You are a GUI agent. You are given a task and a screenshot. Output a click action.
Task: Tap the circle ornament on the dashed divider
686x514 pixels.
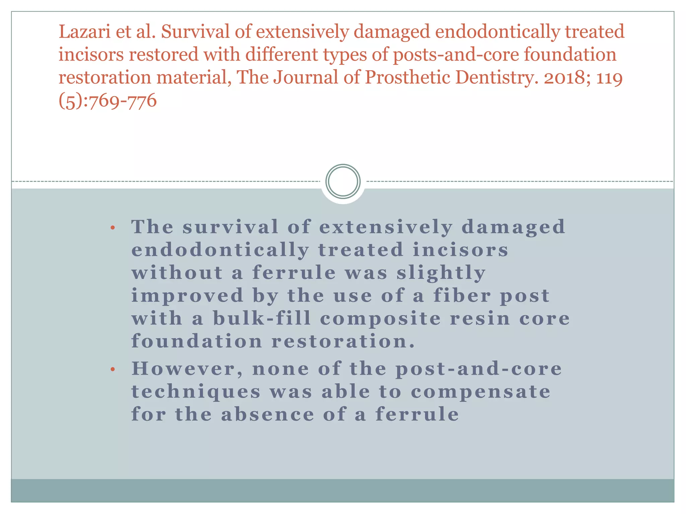(343, 181)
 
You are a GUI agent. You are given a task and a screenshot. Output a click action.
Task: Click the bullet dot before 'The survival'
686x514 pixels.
(113, 228)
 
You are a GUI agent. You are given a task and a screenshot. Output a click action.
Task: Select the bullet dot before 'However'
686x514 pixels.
(113, 370)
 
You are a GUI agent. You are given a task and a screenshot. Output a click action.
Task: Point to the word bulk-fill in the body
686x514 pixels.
(262, 318)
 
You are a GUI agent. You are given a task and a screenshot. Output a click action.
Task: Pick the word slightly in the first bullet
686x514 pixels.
(441, 273)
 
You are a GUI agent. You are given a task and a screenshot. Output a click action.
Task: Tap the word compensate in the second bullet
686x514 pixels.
(481, 392)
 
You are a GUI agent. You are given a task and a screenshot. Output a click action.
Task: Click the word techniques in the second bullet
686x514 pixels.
(196, 392)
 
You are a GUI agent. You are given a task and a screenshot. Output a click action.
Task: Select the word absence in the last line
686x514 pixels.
(268, 415)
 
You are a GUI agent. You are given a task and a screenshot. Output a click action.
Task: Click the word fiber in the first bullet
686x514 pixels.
(462, 296)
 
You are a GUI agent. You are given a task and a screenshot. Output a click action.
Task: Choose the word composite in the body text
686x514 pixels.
(381, 318)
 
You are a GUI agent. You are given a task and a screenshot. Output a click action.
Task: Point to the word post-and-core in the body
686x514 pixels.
(479, 369)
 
